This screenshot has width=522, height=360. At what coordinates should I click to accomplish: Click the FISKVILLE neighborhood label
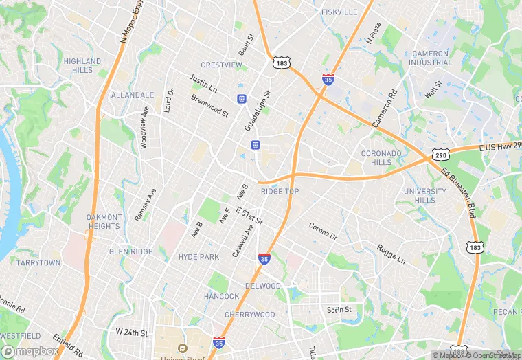tap(339, 12)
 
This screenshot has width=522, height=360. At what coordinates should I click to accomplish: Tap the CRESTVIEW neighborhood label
tap(221, 65)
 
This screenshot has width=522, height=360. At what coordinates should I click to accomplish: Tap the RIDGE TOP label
tap(280, 191)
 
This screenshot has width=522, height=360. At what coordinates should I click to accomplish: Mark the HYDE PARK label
tap(198, 257)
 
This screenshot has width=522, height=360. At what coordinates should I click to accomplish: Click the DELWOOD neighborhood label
tap(263, 286)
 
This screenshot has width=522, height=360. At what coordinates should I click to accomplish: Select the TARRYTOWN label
tap(38, 263)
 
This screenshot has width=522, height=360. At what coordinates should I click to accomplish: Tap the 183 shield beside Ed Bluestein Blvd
tap(475, 246)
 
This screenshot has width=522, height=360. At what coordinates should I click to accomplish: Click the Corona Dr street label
tap(323, 231)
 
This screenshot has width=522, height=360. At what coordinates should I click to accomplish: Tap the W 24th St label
tap(132, 333)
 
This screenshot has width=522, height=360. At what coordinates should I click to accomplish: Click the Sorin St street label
tap(339, 310)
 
